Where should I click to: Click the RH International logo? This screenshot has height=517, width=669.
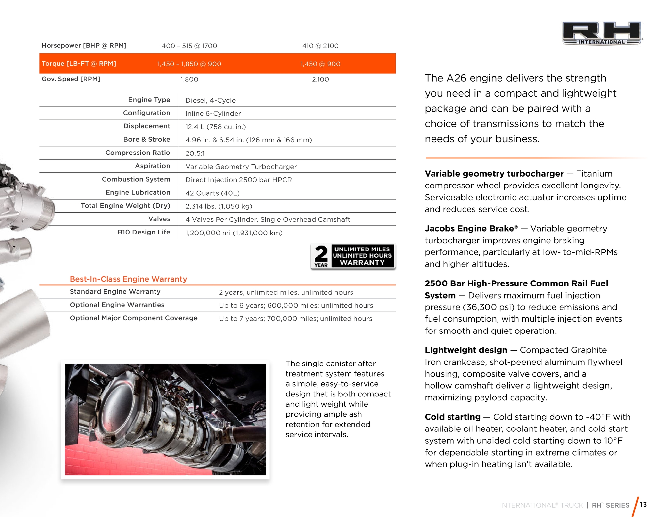(601, 33)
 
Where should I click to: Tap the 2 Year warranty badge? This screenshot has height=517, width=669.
(353, 256)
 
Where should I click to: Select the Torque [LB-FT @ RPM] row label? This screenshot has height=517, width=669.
(79, 64)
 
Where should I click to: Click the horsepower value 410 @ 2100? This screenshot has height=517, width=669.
(320, 46)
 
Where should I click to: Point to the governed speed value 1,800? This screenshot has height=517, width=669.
(189, 79)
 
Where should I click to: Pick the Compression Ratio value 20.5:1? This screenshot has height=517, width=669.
(195, 153)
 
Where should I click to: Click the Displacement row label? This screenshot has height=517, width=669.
(147, 126)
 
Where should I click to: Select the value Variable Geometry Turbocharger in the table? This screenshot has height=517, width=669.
(241, 167)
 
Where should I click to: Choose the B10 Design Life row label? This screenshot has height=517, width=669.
(144, 232)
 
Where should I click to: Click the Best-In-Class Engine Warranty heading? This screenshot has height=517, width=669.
(128, 279)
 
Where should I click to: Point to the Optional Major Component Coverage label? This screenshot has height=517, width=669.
(134, 318)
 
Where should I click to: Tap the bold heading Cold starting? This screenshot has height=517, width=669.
(452, 417)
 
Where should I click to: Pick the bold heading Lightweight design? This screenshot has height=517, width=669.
(466, 350)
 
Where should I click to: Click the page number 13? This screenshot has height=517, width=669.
(643, 504)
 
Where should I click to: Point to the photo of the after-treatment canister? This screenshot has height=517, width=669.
(165, 419)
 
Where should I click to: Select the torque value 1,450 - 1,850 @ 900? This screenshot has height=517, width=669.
(189, 64)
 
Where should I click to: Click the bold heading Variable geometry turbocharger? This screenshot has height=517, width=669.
(494, 174)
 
